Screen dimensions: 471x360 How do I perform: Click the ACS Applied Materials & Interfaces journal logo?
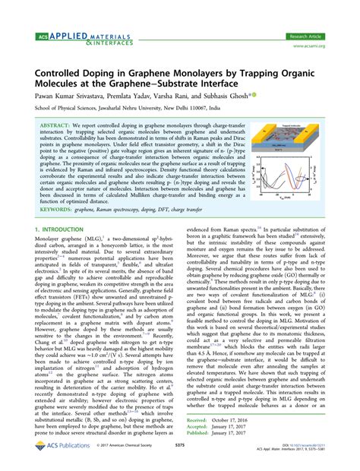(x=71, y=40)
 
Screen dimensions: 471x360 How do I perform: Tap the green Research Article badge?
(x=306, y=36)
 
